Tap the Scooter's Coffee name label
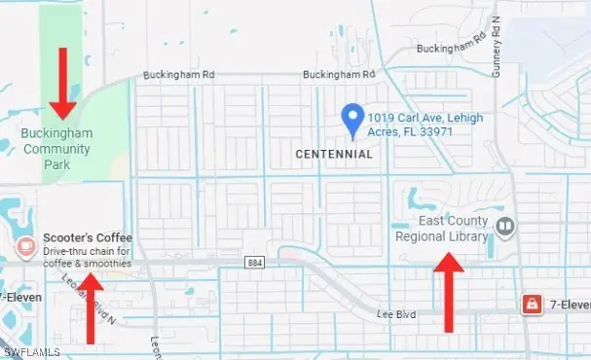point(88,237)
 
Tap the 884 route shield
point(255,263)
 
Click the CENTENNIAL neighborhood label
point(334,154)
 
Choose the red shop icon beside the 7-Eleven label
point(532,304)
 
